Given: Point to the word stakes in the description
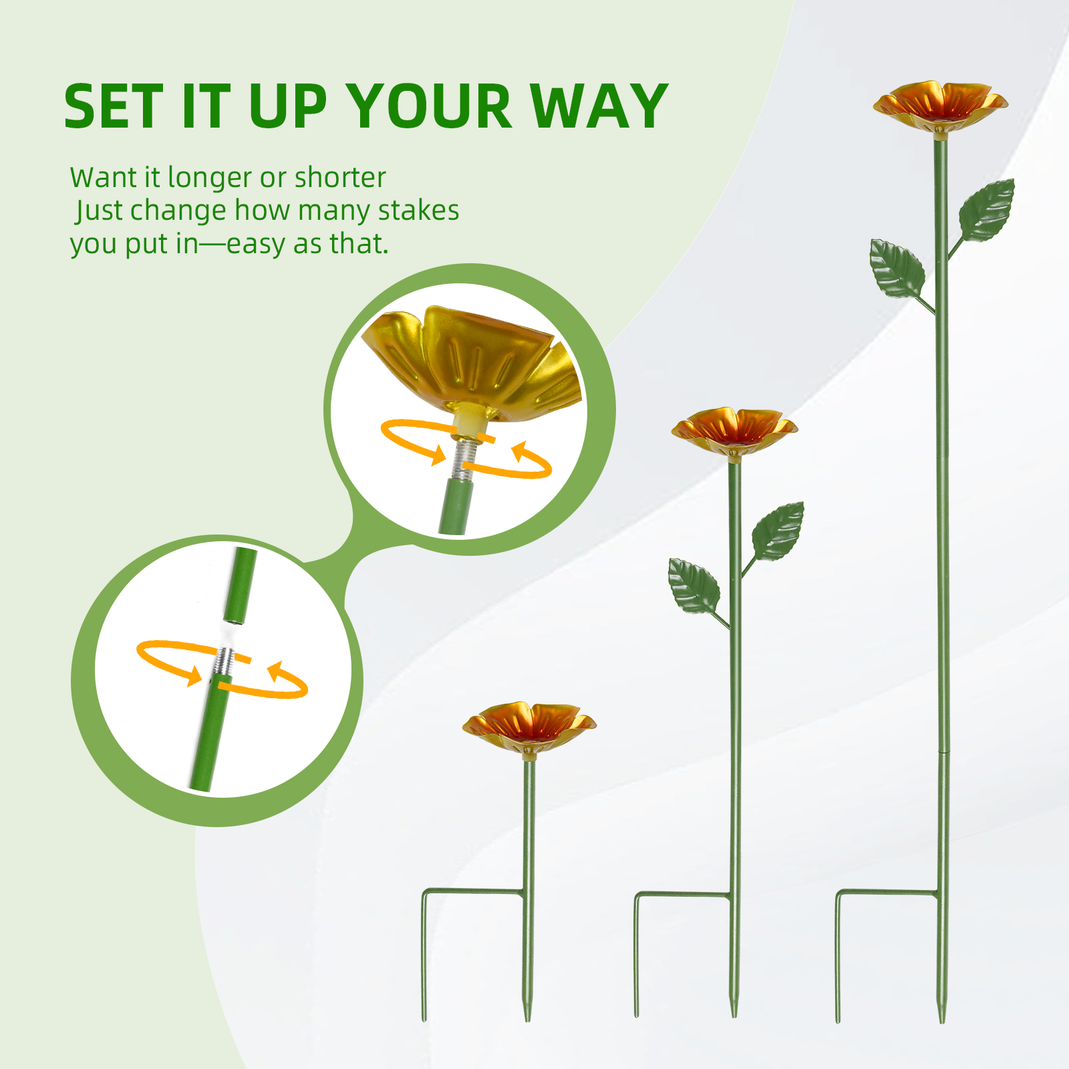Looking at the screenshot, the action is pos(418,210).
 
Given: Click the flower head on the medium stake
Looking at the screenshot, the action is pos(734,431).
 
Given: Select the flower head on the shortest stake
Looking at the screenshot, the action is pos(529,727).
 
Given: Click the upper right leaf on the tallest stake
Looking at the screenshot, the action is pos(987,210).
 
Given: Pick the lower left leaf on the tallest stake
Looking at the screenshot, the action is pos(897,269).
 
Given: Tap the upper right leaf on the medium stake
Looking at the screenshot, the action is pos(778,531).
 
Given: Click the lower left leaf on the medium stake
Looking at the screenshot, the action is pos(694,586).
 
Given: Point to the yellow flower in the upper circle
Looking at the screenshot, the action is pos(471,364).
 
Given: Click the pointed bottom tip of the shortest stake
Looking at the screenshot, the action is pos(527,1020).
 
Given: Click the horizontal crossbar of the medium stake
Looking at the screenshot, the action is pos(682,894).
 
